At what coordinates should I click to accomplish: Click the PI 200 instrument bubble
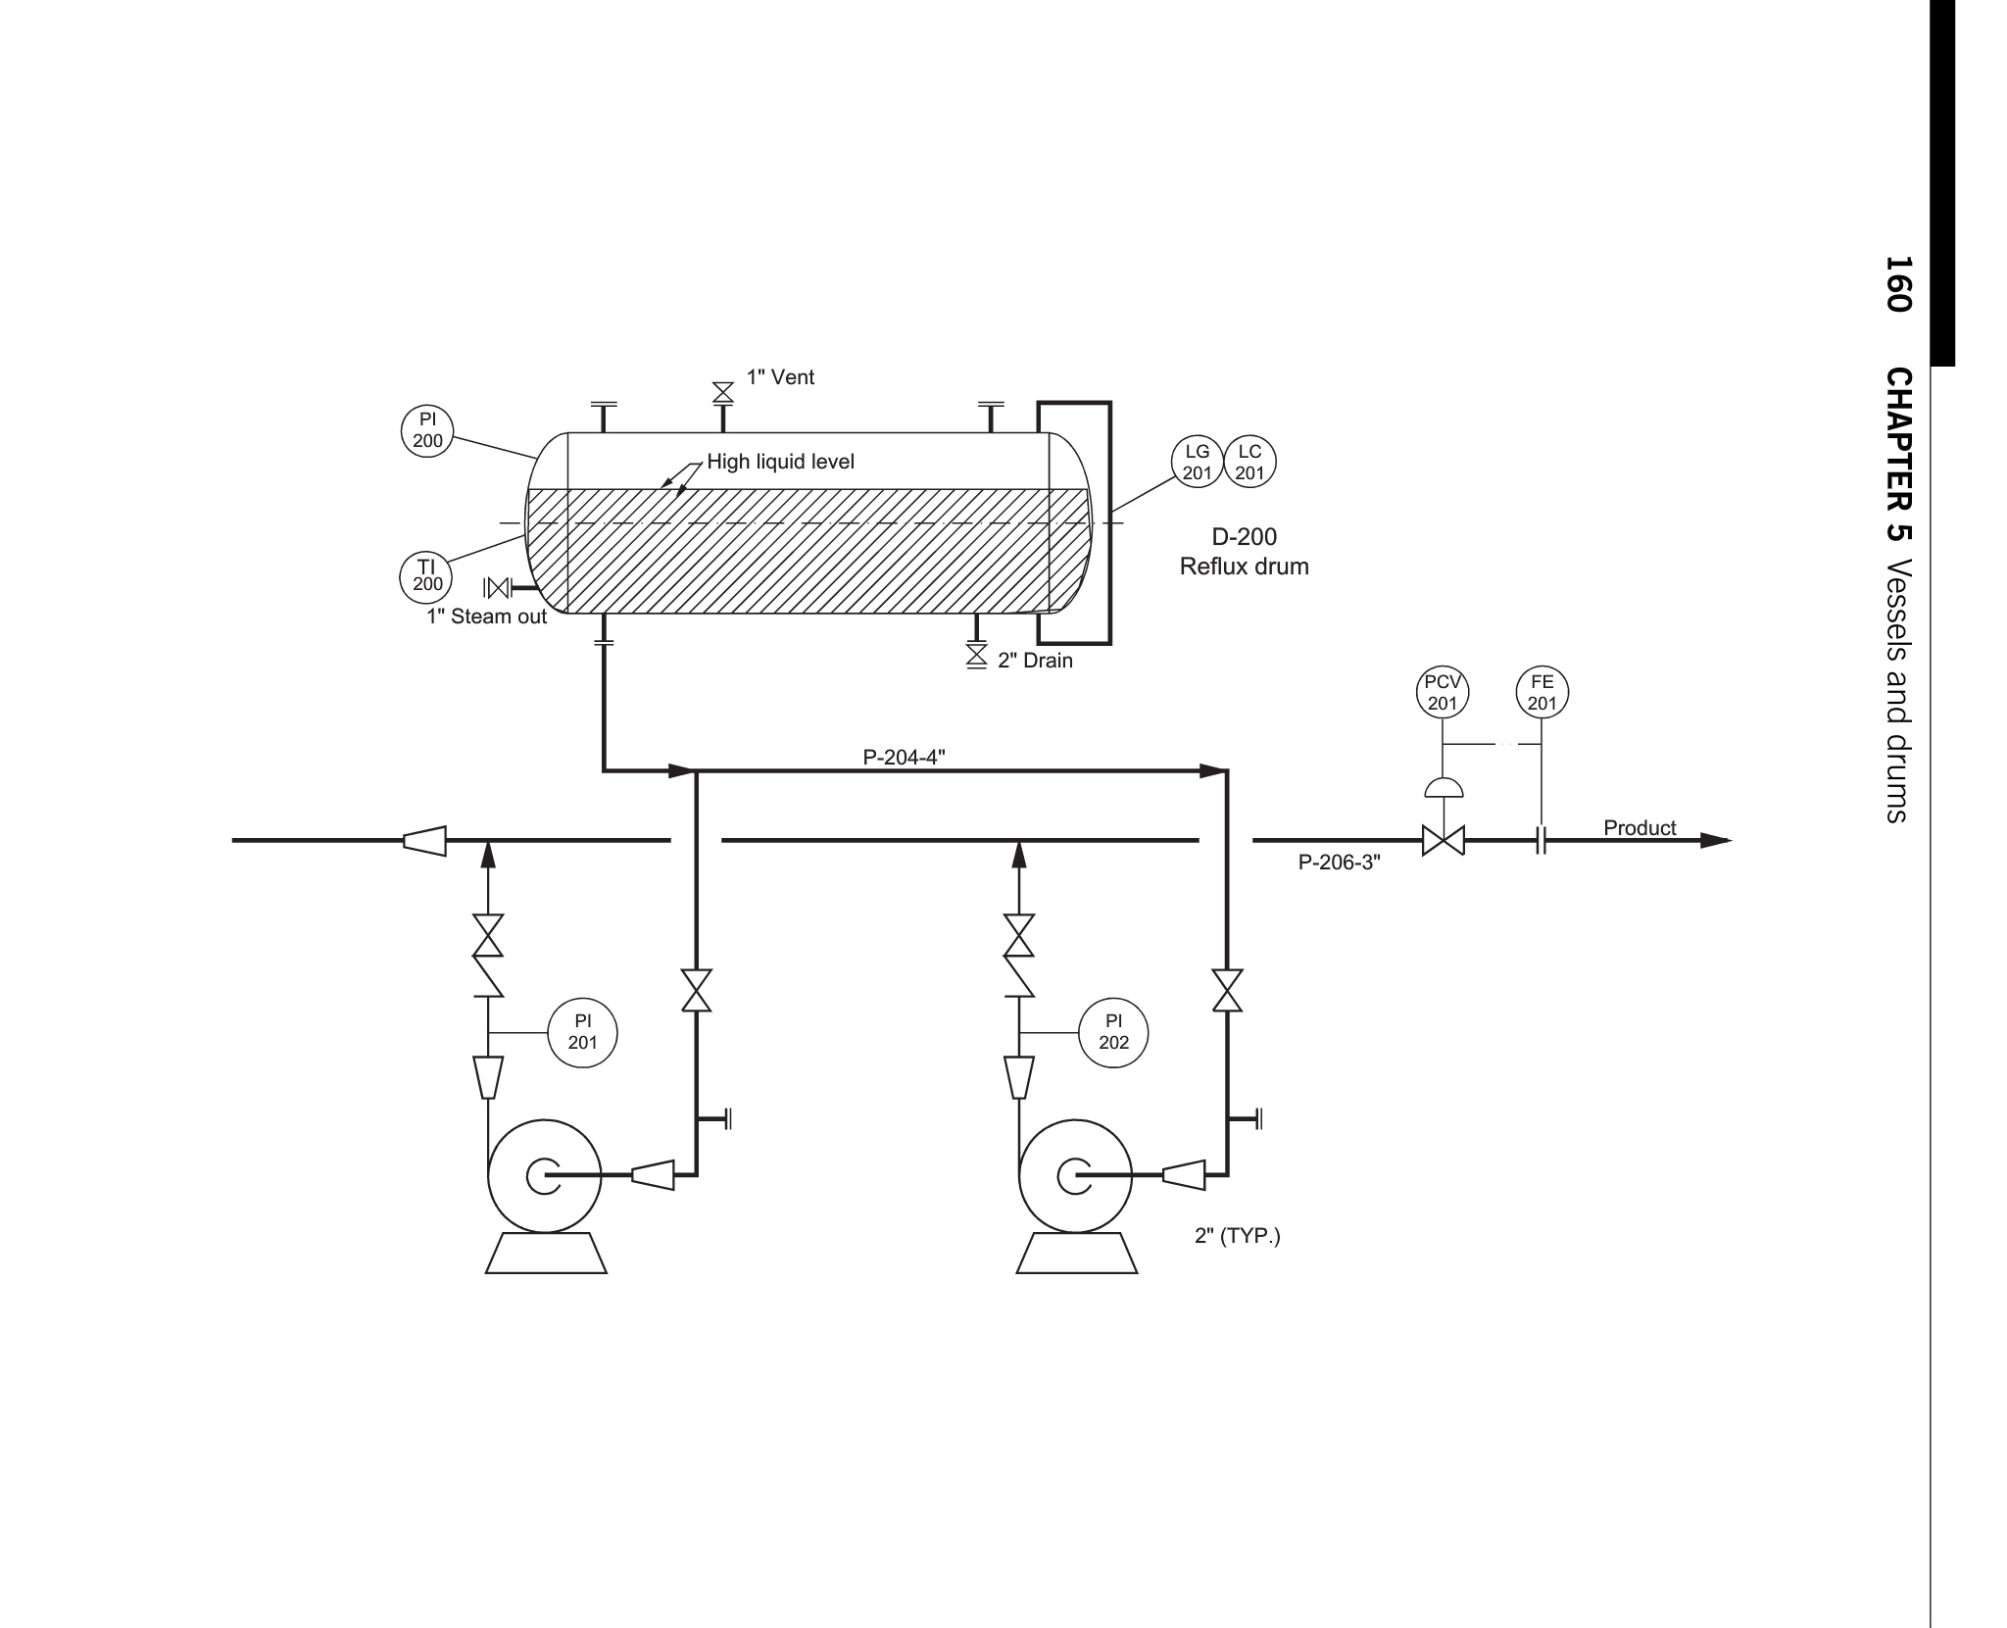pos(427,430)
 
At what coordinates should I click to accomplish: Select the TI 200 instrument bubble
pos(426,575)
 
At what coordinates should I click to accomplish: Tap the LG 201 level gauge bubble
pos(1198,462)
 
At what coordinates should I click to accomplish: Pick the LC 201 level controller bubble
pos(1249,462)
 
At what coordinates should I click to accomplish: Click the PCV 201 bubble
pos(1443,692)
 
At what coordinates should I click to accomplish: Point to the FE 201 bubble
pos(1542,692)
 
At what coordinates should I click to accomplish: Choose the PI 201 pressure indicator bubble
pos(582,1032)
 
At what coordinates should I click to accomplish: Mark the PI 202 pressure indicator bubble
pos(1113,1032)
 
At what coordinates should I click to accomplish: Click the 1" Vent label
pos(780,377)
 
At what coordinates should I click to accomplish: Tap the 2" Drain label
pos(1035,661)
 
